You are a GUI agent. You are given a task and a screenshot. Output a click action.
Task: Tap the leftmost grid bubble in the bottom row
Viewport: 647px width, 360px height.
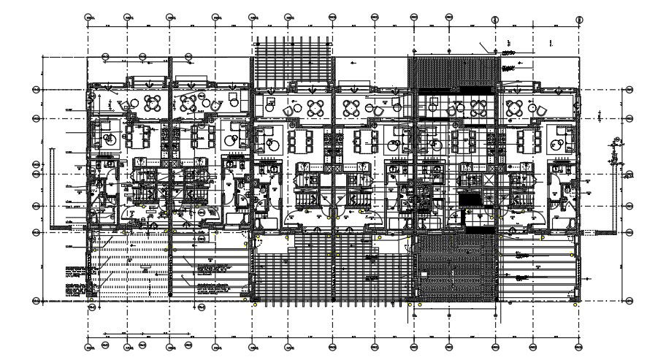[x=88, y=344]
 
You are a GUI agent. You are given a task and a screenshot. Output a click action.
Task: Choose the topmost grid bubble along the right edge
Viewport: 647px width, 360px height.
[x=629, y=90]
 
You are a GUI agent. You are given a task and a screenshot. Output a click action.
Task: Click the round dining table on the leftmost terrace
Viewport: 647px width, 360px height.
[x=152, y=101]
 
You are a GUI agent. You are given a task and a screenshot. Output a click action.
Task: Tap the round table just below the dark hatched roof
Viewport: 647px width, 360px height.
[x=478, y=107]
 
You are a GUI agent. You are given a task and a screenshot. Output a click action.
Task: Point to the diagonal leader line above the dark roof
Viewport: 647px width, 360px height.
[x=485, y=46]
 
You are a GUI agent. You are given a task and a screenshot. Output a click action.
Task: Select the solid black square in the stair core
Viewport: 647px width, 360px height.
[x=470, y=199]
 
